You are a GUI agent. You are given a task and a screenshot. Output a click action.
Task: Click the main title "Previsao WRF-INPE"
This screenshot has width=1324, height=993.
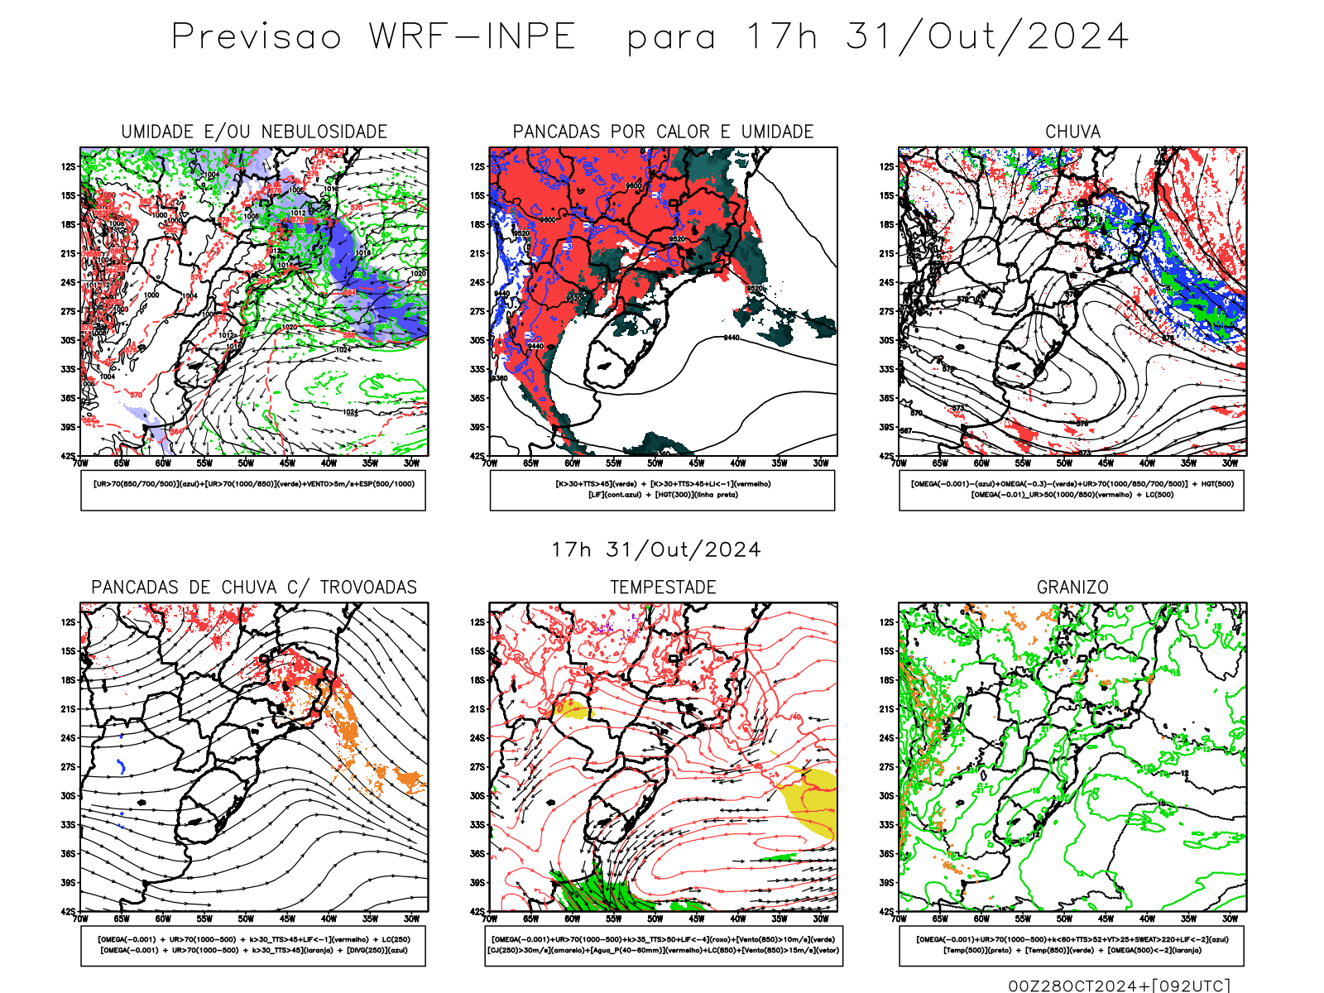click(x=373, y=37)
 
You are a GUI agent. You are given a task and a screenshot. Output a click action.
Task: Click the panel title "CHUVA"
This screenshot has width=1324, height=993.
click(x=1072, y=132)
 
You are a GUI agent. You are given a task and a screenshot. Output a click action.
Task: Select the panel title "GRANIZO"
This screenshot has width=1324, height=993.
click(x=1072, y=588)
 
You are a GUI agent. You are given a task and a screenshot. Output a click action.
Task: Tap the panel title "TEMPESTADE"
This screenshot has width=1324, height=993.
click(x=663, y=588)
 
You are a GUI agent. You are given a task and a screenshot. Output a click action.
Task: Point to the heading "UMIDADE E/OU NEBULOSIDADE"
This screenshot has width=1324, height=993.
click(x=254, y=132)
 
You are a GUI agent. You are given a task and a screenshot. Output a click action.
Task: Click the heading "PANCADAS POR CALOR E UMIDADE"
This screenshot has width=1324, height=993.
click(x=663, y=132)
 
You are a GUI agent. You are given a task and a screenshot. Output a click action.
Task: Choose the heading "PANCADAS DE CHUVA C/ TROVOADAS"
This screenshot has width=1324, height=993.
click(x=254, y=588)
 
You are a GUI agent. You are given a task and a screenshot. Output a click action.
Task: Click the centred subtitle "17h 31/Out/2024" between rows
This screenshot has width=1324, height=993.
click(x=656, y=550)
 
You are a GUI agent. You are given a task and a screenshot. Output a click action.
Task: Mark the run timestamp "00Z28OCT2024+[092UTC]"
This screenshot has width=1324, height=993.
click(x=1119, y=986)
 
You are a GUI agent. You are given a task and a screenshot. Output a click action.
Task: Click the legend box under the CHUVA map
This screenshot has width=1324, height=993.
click(x=1072, y=490)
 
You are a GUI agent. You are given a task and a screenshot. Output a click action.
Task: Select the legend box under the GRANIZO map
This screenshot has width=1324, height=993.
click(x=1072, y=945)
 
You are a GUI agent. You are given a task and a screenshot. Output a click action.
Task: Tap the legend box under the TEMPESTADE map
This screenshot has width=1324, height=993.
click(x=663, y=945)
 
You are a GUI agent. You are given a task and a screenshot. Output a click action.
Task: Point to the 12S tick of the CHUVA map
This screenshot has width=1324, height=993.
click(x=887, y=167)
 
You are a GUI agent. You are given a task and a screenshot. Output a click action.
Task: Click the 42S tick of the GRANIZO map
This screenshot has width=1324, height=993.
click(x=887, y=912)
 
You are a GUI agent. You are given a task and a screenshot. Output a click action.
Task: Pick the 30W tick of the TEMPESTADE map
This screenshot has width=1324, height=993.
click(x=821, y=919)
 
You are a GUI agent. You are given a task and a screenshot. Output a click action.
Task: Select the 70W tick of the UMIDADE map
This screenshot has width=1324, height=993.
click(x=80, y=463)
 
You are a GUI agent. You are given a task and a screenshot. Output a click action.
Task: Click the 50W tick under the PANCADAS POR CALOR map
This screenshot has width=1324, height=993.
click(x=655, y=463)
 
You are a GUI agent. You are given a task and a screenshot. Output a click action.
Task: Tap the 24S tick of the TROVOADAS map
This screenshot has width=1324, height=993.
click(x=68, y=738)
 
